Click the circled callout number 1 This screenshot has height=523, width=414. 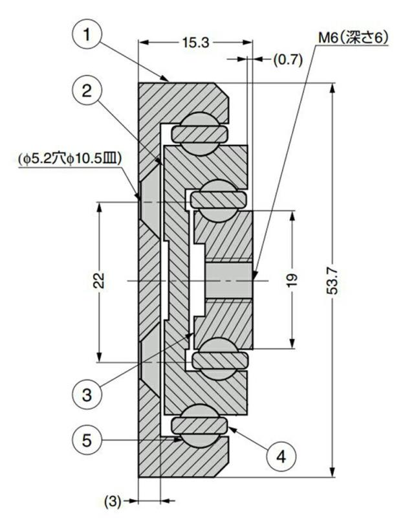87,34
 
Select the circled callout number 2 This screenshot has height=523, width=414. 87,91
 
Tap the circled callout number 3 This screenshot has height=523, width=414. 87,395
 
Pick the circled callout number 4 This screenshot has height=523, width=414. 281,456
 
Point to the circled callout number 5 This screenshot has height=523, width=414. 87,440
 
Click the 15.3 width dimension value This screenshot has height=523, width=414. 195,42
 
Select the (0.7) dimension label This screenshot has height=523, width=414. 288,60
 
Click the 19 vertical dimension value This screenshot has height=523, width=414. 292,280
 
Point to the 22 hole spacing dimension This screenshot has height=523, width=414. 99,280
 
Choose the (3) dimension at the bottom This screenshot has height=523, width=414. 113,502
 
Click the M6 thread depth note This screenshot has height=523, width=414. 353,38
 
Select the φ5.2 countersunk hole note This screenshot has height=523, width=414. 70,159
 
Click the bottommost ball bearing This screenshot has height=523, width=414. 200,426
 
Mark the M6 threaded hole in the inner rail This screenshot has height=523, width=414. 229,280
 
